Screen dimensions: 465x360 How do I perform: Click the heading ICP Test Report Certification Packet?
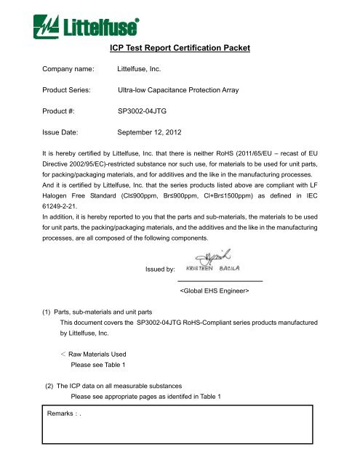[x=179, y=48]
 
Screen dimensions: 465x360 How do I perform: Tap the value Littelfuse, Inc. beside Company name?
[x=144, y=70]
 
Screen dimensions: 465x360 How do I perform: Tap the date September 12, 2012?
[x=154, y=134]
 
